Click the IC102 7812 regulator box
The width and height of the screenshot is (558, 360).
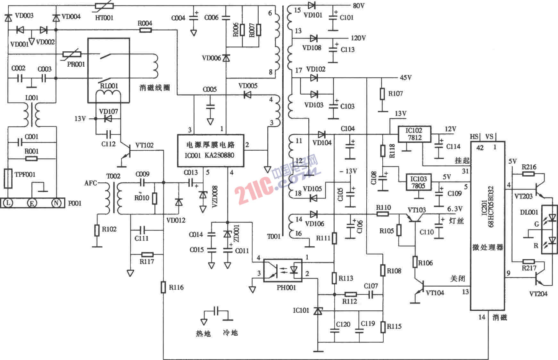[414, 134]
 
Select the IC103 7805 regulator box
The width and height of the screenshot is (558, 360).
[418, 182]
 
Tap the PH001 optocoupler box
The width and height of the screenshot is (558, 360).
[282, 270]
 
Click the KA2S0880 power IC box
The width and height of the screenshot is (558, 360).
[210, 150]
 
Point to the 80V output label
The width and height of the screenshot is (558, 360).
[358, 6]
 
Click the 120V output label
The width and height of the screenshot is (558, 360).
[358, 38]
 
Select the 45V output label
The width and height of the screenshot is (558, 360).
[405, 78]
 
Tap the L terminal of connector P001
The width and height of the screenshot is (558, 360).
[8, 203]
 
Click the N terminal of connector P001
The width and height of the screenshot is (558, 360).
[56, 203]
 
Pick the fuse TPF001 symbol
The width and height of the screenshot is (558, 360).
[8, 179]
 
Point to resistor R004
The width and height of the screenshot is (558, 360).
[145, 30]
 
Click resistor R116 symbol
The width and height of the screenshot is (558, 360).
[163, 287]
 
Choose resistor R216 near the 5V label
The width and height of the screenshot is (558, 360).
[528, 174]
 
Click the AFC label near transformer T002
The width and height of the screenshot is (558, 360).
[90, 183]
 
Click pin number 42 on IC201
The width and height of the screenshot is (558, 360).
[479, 147]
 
